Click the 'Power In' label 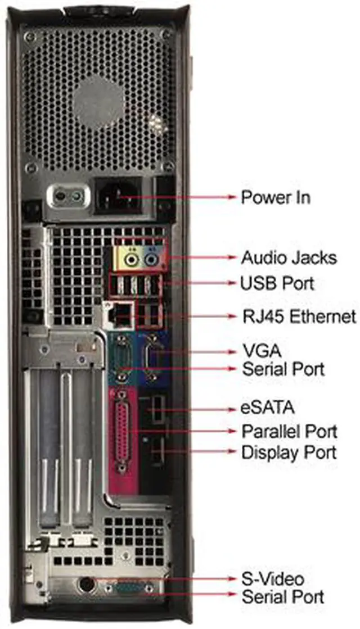pos(275,197)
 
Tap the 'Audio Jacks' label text pos(289,257)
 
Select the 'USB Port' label pos(277,283)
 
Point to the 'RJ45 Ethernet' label pos(298,316)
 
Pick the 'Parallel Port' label pos(289,432)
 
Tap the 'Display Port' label pos(289,452)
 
